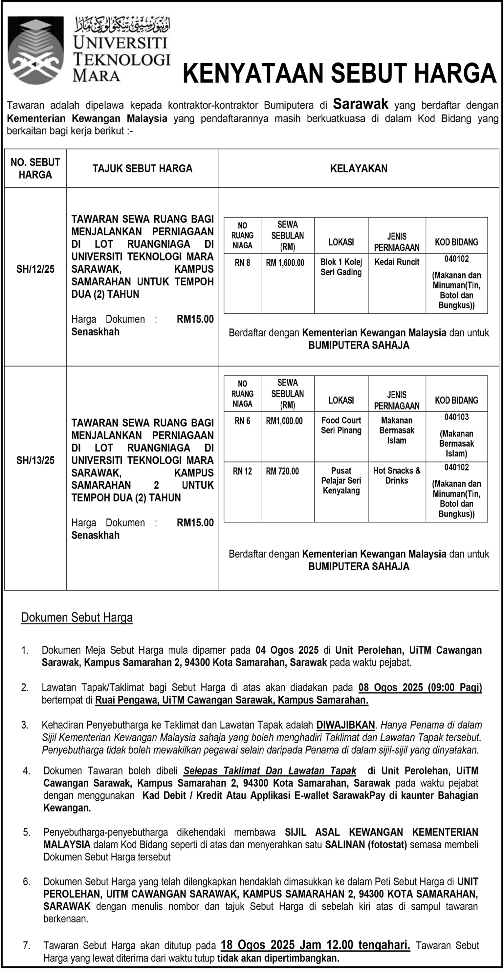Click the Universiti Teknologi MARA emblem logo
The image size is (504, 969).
[36, 50]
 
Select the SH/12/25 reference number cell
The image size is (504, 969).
[35, 269]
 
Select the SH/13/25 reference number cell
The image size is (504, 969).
[35, 460]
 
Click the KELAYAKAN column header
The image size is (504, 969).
[359, 169]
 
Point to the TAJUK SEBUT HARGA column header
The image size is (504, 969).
[142, 169]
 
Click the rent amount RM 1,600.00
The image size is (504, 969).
[285, 263]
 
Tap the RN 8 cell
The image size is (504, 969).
[242, 263]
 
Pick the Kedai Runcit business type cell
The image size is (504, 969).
[397, 262]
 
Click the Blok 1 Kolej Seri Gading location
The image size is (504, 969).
[341, 267]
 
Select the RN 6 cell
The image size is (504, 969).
[242, 421]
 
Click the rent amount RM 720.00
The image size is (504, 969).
[282, 471]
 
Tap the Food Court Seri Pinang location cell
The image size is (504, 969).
[341, 426]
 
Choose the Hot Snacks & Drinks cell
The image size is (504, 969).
[397, 475]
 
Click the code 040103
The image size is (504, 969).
[456, 417]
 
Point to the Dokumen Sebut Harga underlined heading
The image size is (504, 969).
[77, 618]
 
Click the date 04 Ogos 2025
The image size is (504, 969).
[287, 650]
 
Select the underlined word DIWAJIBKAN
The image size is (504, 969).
[345, 725]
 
